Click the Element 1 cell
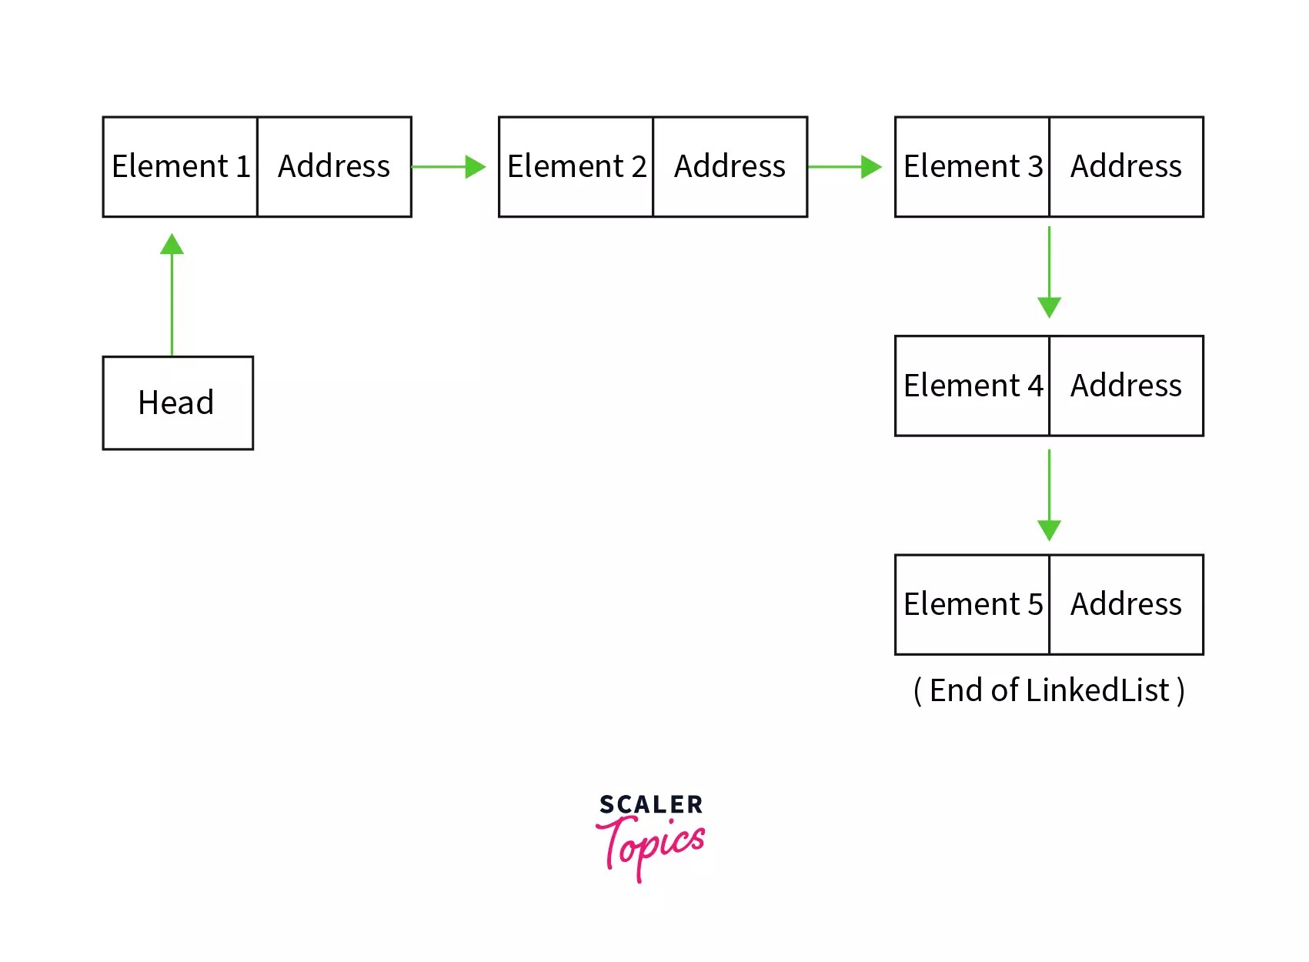pyautogui.click(x=180, y=167)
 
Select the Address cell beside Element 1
pyautogui.click(x=334, y=167)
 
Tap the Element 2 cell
pyautogui.click(x=576, y=167)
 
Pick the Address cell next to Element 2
pyautogui.click(x=730, y=167)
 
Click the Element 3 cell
pyautogui.click(x=972, y=167)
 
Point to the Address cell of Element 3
pyautogui.click(x=1126, y=167)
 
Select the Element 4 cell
pyautogui.click(x=972, y=386)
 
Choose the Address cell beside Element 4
pyautogui.click(x=1126, y=386)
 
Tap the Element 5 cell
pyautogui.click(x=972, y=604)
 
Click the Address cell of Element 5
pyautogui.click(x=1126, y=604)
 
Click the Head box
pyautogui.click(x=178, y=403)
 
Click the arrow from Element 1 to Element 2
pyautogui.click(x=449, y=167)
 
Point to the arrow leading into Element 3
pyautogui.click(x=844, y=167)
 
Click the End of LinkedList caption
pyautogui.click(x=1049, y=690)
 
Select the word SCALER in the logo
pyautogui.click(x=651, y=805)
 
